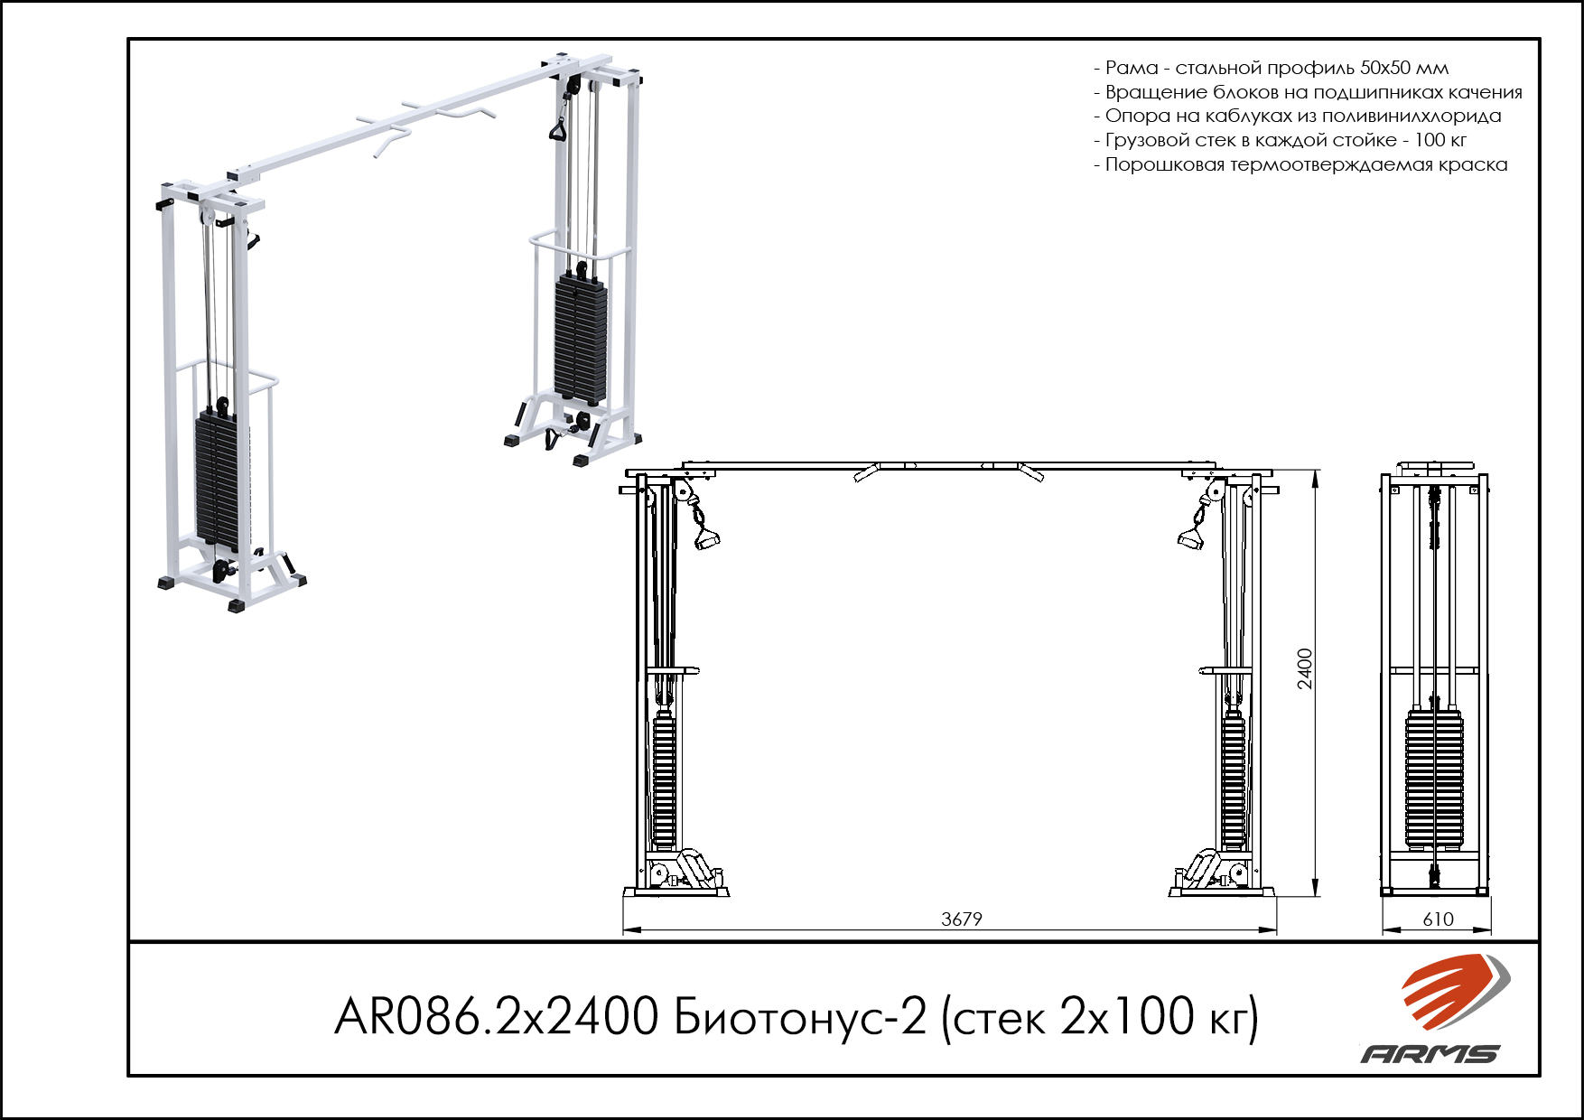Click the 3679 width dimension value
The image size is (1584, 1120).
(961, 919)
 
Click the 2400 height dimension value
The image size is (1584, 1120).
(1305, 668)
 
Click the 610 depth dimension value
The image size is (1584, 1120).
(1438, 919)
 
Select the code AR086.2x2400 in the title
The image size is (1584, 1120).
(496, 1017)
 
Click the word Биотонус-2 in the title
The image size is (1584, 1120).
(800, 1017)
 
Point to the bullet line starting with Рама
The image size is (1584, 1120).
(1271, 68)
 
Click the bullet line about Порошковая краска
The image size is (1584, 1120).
(1300, 164)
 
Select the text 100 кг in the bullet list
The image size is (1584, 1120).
(1440, 140)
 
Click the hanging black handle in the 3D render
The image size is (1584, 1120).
(558, 129)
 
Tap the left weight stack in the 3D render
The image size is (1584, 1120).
(218, 479)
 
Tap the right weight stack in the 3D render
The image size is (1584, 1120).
(581, 339)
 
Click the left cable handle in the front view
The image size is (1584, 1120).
(705, 539)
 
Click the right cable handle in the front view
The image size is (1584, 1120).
(1190, 539)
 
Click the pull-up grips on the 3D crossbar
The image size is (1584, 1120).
(424, 122)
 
